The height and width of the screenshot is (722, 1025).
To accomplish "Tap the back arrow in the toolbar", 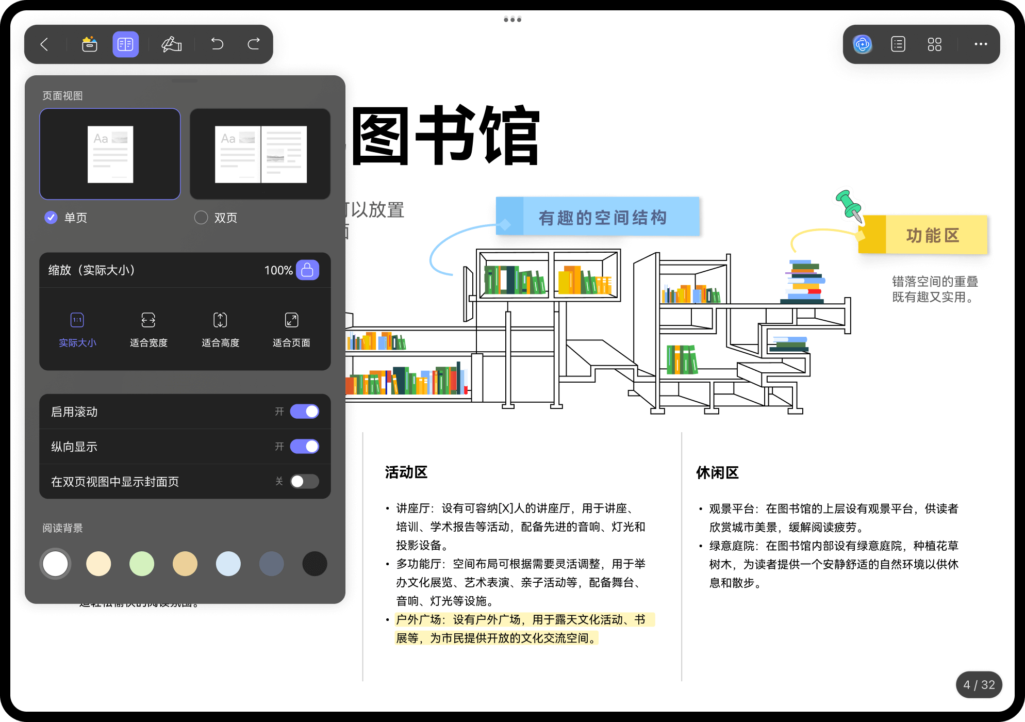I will [x=45, y=44].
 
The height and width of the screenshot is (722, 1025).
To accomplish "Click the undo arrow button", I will [x=217, y=44].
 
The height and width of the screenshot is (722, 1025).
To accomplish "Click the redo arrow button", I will [x=254, y=44].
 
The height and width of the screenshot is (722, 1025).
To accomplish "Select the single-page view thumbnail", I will [x=110, y=154].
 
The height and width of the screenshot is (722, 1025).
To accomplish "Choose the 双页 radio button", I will [x=201, y=218].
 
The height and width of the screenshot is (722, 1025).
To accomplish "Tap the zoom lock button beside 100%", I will [x=307, y=270].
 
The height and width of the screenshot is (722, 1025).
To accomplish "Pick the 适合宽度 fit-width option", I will [x=148, y=329].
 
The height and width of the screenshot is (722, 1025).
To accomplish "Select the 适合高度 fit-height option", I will [x=220, y=329].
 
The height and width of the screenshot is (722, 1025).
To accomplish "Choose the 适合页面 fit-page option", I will [x=291, y=329].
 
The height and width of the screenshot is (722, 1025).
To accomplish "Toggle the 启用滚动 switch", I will [x=304, y=412].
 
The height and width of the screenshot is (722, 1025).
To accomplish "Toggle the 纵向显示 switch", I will [x=304, y=447].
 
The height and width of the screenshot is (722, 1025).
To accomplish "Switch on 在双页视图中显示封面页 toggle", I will [x=304, y=481].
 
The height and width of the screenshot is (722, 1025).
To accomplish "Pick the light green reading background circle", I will [x=142, y=564].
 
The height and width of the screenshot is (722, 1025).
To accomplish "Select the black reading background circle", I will [x=315, y=564].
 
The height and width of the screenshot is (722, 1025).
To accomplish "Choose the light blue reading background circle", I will [x=228, y=564].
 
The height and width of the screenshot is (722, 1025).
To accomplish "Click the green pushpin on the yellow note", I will [x=848, y=204].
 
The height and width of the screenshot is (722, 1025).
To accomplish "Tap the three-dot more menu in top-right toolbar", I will [x=981, y=44].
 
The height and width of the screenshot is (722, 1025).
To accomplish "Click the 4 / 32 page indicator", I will [x=979, y=685].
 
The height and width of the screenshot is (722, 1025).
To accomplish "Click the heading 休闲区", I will [x=717, y=472].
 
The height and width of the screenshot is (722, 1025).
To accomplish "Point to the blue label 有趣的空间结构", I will [x=602, y=217].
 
